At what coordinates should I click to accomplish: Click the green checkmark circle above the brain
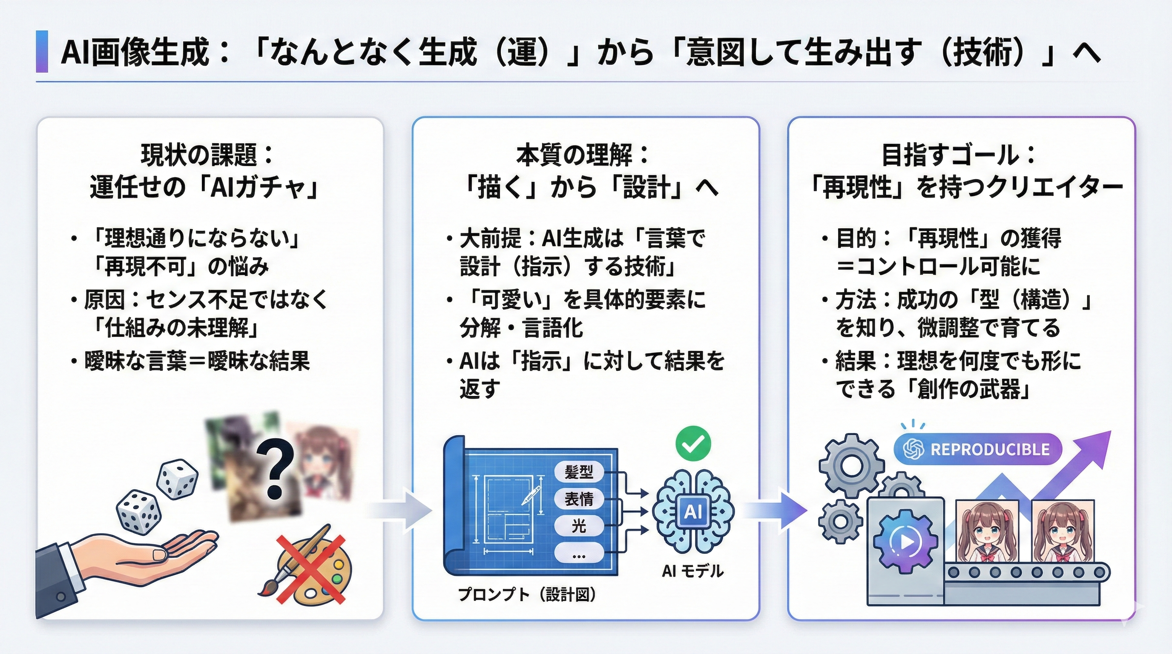point(693,442)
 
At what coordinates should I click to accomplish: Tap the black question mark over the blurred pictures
point(274,469)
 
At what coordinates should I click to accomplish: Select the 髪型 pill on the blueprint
point(579,472)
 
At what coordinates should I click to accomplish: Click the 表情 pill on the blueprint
point(579,499)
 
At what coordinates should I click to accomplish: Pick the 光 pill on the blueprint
point(579,527)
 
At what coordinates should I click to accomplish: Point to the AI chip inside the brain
point(692,512)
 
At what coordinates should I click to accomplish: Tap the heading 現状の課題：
point(207,155)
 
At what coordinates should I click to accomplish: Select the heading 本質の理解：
point(582,155)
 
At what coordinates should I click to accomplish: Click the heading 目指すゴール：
point(958,155)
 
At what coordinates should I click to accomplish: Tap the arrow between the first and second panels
point(400,511)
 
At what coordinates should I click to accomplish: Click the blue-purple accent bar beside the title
point(42,52)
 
